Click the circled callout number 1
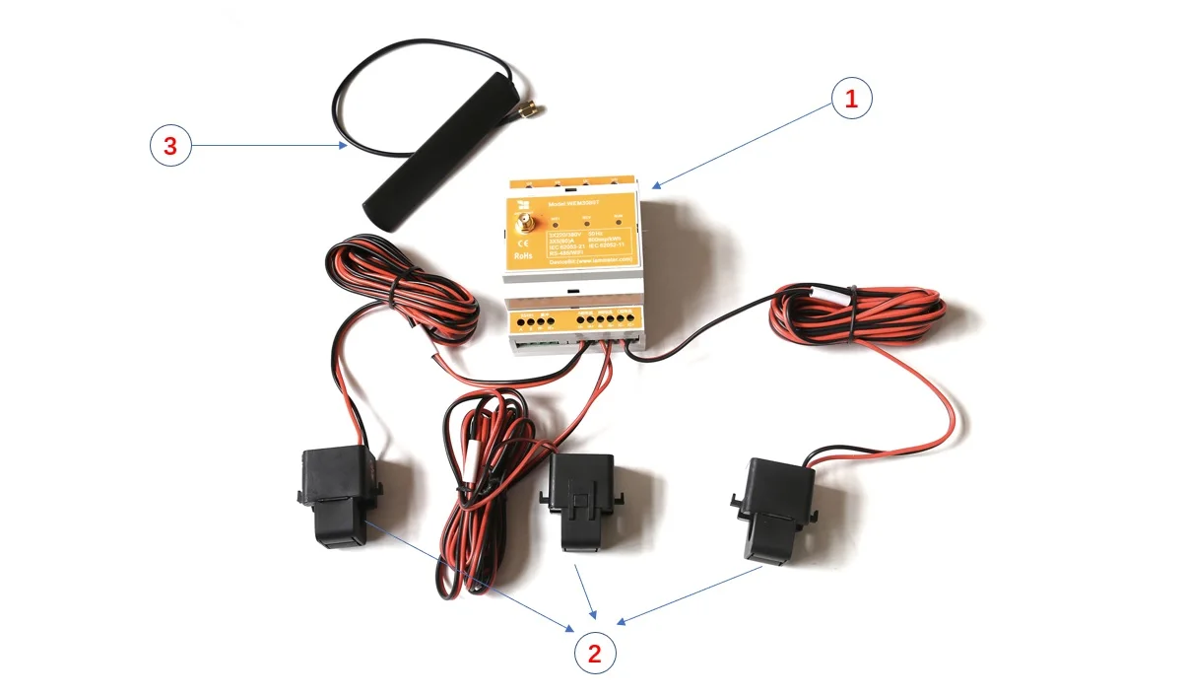click(852, 100)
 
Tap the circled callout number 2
click(595, 652)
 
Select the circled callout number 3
click(170, 147)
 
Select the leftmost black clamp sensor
click(336, 494)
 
